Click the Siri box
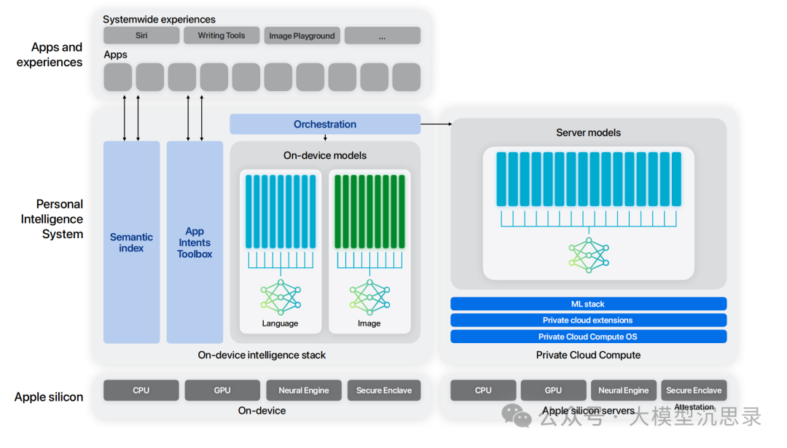pos(141,36)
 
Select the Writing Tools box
pos(222,36)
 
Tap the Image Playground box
pos(302,36)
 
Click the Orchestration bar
pos(325,125)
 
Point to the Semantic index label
pos(131,243)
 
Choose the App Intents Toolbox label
pos(195,243)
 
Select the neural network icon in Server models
pos(589,254)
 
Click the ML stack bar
pos(588,304)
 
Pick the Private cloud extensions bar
pos(588,321)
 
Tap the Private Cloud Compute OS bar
pos(588,337)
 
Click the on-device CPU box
pos(141,390)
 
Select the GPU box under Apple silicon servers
pos(553,390)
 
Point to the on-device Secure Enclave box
pos(384,390)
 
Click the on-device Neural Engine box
pos(303,390)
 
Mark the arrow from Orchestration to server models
pos(436,125)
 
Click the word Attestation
pos(694,407)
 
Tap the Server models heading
pos(588,133)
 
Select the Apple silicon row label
pos(49,398)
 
